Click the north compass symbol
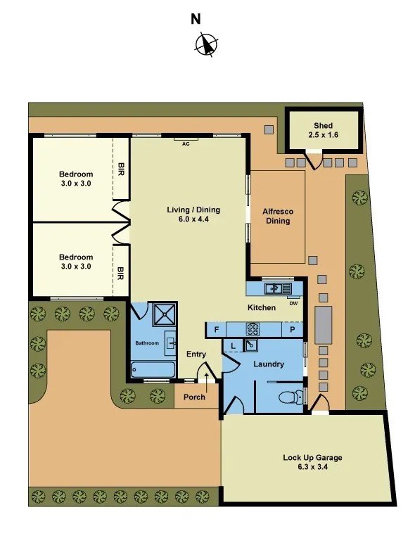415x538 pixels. click(x=206, y=44)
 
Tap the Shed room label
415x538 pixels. click(x=323, y=126)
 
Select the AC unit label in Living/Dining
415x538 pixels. click(x=186, y=144)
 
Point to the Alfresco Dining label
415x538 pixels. click(x=278, y=216)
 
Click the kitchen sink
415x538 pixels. click(x=278, y=288)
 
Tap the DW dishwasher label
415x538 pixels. click(x=293, y=303)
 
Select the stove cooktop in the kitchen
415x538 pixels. click(x=253, y=329)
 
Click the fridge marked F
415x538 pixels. click(x=217, y=330)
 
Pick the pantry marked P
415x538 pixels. click(x=293, y=330)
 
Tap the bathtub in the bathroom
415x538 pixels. click(x=153, y=369)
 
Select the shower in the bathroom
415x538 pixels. click(x=164, y=314)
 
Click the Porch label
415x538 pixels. click(x=194, y=397)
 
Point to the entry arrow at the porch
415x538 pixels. click(x=207, y=383)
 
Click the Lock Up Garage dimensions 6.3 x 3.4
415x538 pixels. click(x=313, y=467)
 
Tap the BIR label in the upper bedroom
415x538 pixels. click(x=121, y=169)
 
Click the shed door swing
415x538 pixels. click(x=315, y=160)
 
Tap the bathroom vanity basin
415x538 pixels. click(x=171, y=343)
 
